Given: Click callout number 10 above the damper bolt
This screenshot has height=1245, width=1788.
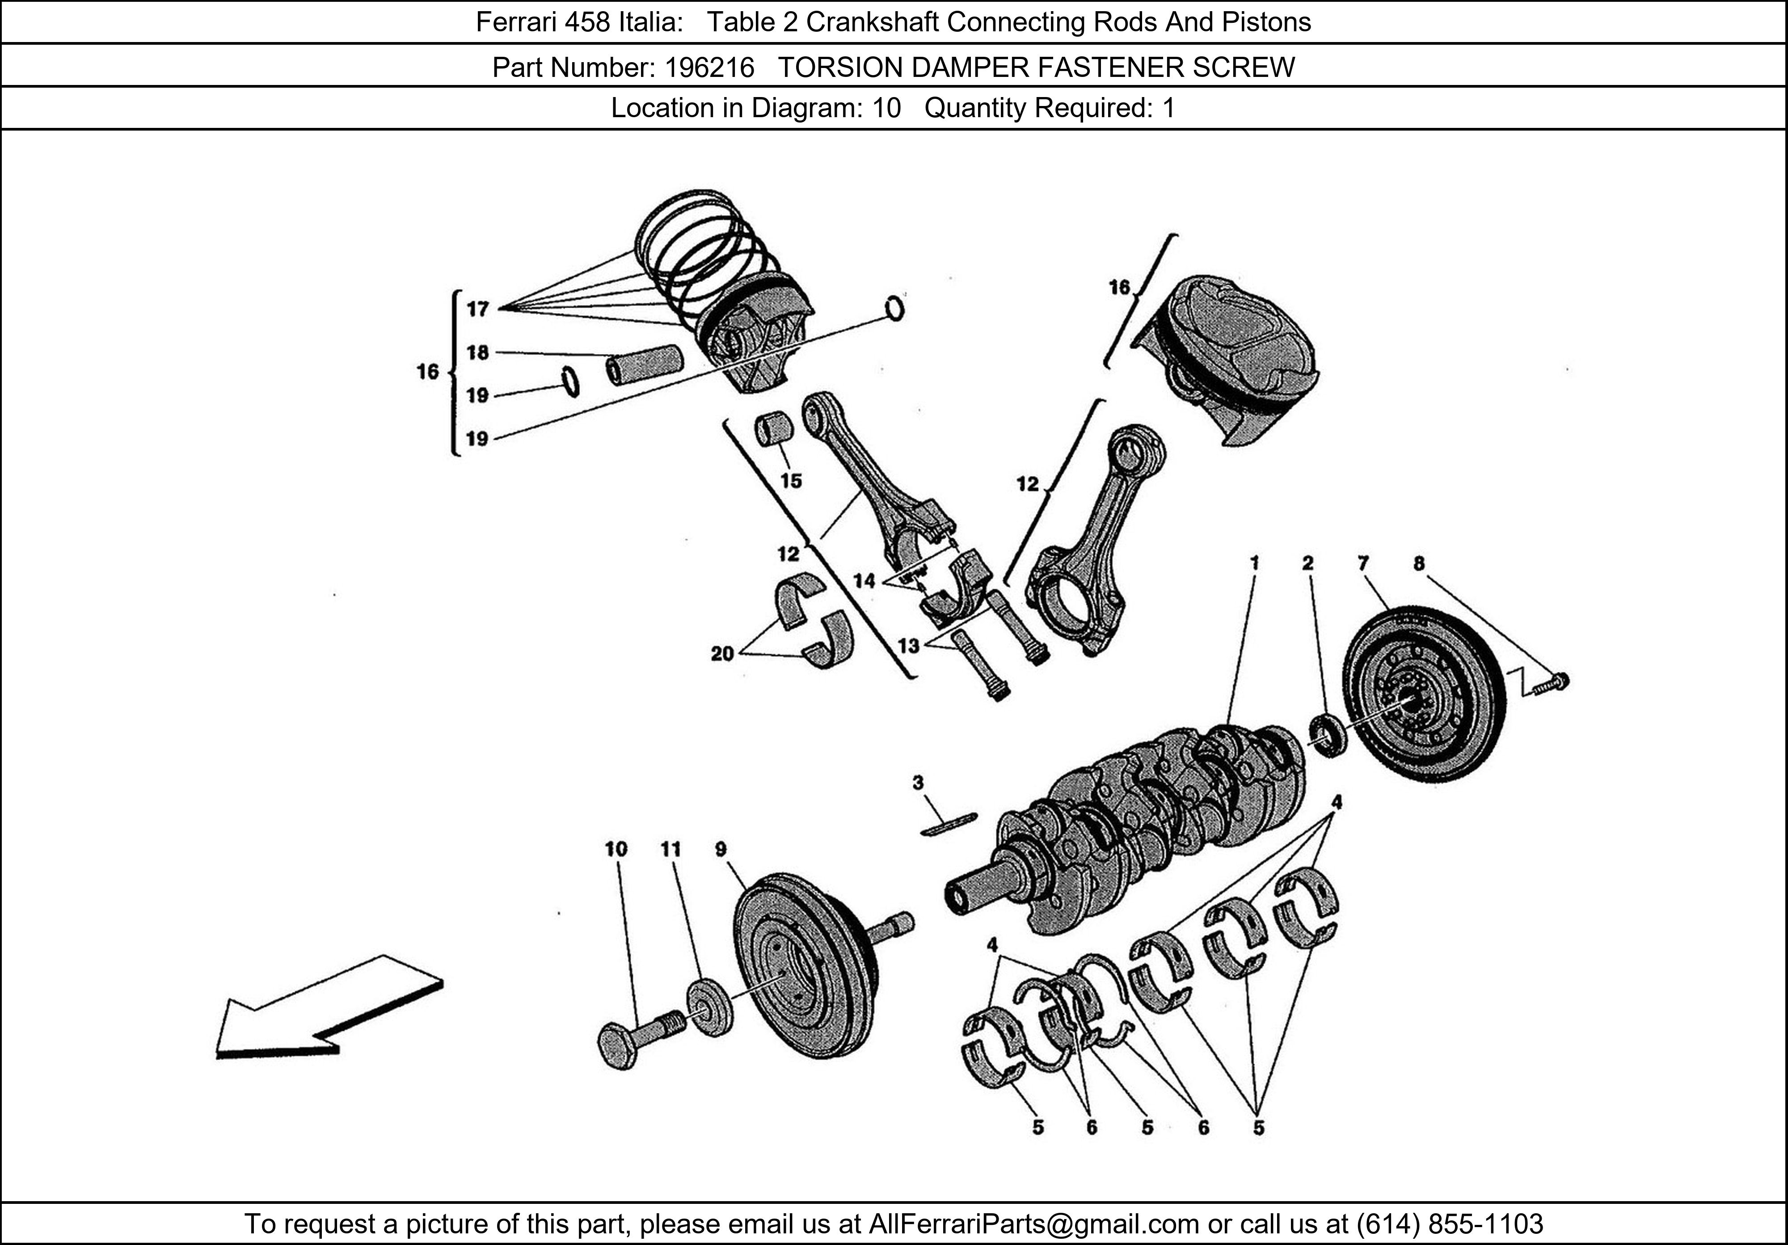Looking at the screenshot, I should tap(615, 849).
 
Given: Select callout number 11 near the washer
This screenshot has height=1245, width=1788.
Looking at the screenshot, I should tap(670, 849).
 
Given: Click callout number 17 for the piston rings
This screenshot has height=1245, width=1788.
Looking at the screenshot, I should tap(477, 309).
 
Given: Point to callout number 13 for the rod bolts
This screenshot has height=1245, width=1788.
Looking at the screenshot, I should tap(908, 645).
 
